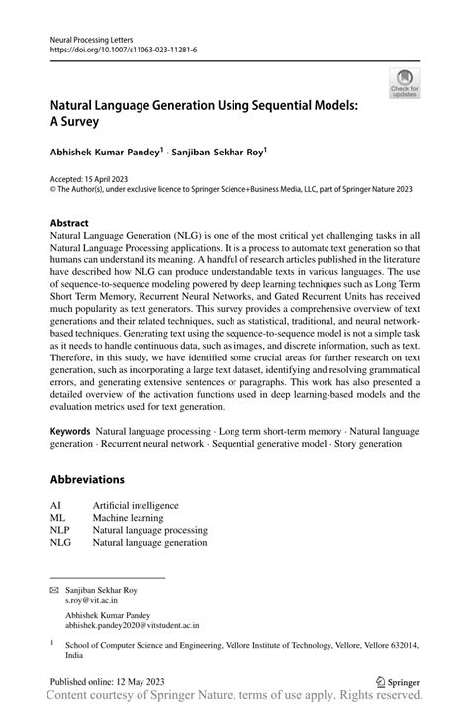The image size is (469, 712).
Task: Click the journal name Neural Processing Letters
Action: point(91,37)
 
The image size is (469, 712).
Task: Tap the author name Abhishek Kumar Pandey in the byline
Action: point(107,154)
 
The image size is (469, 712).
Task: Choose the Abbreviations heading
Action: point(87,480)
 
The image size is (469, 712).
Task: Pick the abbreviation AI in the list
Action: point(55,505)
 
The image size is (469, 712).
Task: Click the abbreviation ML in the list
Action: point(57,518)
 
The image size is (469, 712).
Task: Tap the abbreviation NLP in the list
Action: point(60,530)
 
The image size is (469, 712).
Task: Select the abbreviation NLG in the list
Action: point(60,543)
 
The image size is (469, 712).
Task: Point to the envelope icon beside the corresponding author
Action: point(55,589)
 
